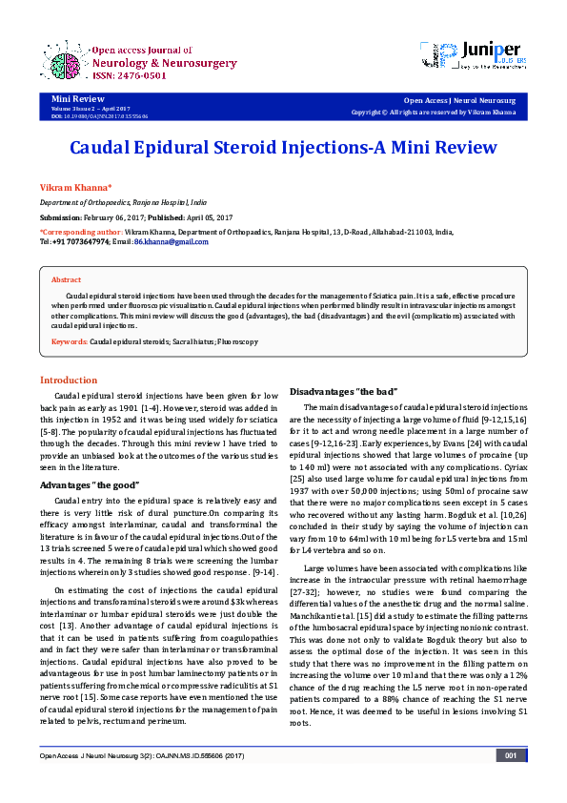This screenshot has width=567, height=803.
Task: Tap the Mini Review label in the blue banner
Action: (72, 99)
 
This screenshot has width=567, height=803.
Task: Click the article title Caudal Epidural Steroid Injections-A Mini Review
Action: (283, 148)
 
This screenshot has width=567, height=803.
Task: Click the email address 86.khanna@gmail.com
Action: (171, 242)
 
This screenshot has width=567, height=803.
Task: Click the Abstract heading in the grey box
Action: (66, 280)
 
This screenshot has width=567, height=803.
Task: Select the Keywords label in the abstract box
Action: (70, 341)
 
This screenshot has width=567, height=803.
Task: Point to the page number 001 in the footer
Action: (511, 782)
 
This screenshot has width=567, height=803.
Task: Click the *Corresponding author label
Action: (80, 232)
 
